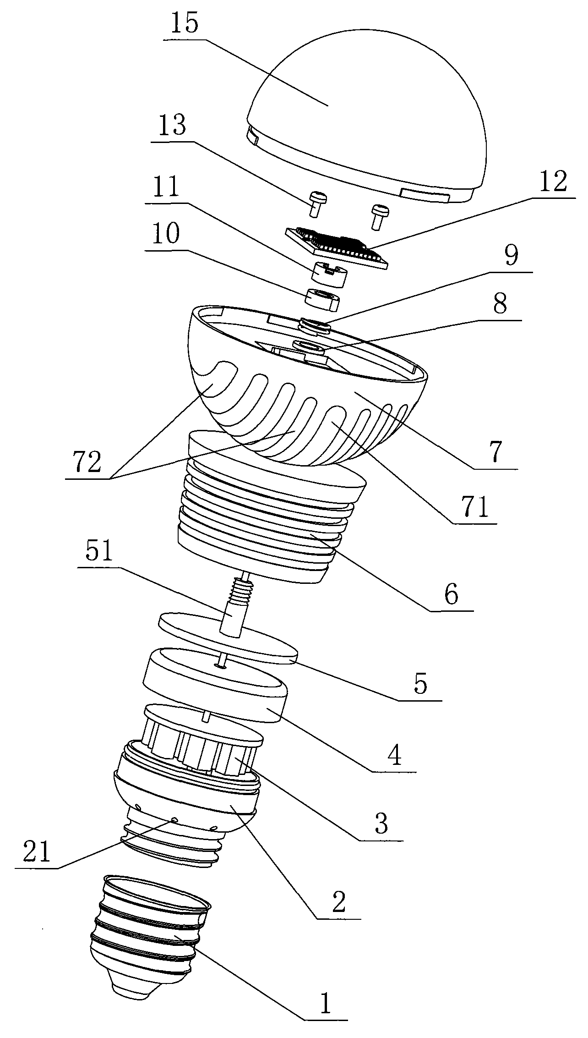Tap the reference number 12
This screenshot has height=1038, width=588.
coord(553,181)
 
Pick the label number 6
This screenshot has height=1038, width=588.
coord(451,595)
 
